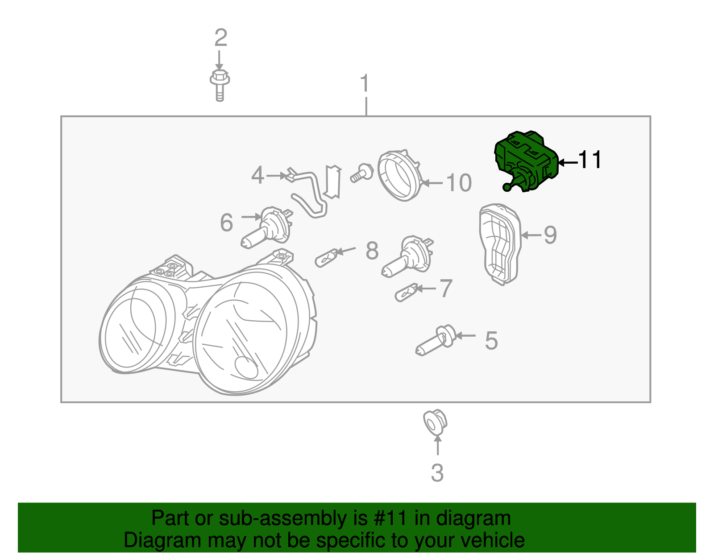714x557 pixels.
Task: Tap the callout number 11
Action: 590,160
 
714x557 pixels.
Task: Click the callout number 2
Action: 220,38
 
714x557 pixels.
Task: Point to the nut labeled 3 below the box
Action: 435,422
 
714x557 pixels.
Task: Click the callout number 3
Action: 437,473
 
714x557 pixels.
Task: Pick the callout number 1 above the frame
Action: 365,83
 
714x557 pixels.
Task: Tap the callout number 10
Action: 459,183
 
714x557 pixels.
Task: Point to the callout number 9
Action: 550,235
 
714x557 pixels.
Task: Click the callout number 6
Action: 226,222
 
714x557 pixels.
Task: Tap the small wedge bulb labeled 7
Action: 406,293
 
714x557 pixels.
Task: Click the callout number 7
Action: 446,289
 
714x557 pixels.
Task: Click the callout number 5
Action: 491,341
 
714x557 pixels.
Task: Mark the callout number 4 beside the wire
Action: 257,175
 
